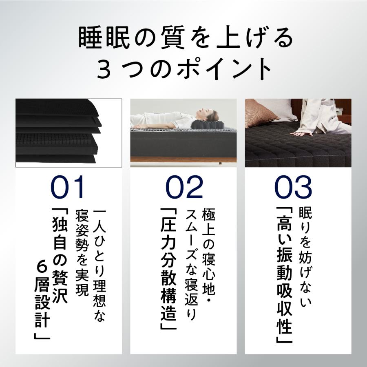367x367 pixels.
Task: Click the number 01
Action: (x=68, y=188)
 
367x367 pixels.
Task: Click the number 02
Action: (x=184, y=188)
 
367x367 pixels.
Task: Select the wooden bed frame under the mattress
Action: (x=183, y=159)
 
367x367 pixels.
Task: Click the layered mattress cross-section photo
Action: (x=69, y=133)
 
